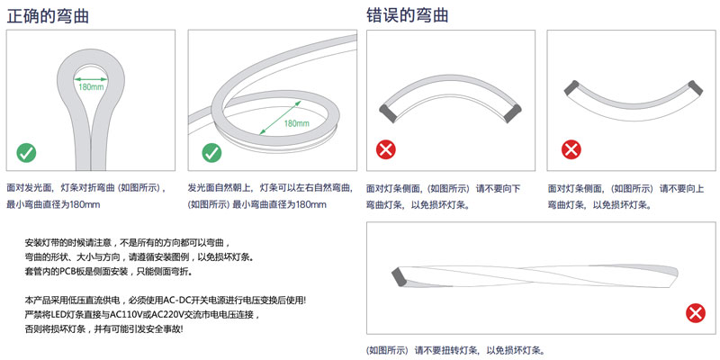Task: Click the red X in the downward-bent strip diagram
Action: [x=385, y=148]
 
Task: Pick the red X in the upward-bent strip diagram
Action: [x=569, y=148]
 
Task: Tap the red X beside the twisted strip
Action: [x=694, y=313]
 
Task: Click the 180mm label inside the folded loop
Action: [x=91, y=87]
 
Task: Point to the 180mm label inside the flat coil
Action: [x=296, y=122]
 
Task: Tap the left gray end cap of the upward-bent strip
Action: [x=569, y=86]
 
